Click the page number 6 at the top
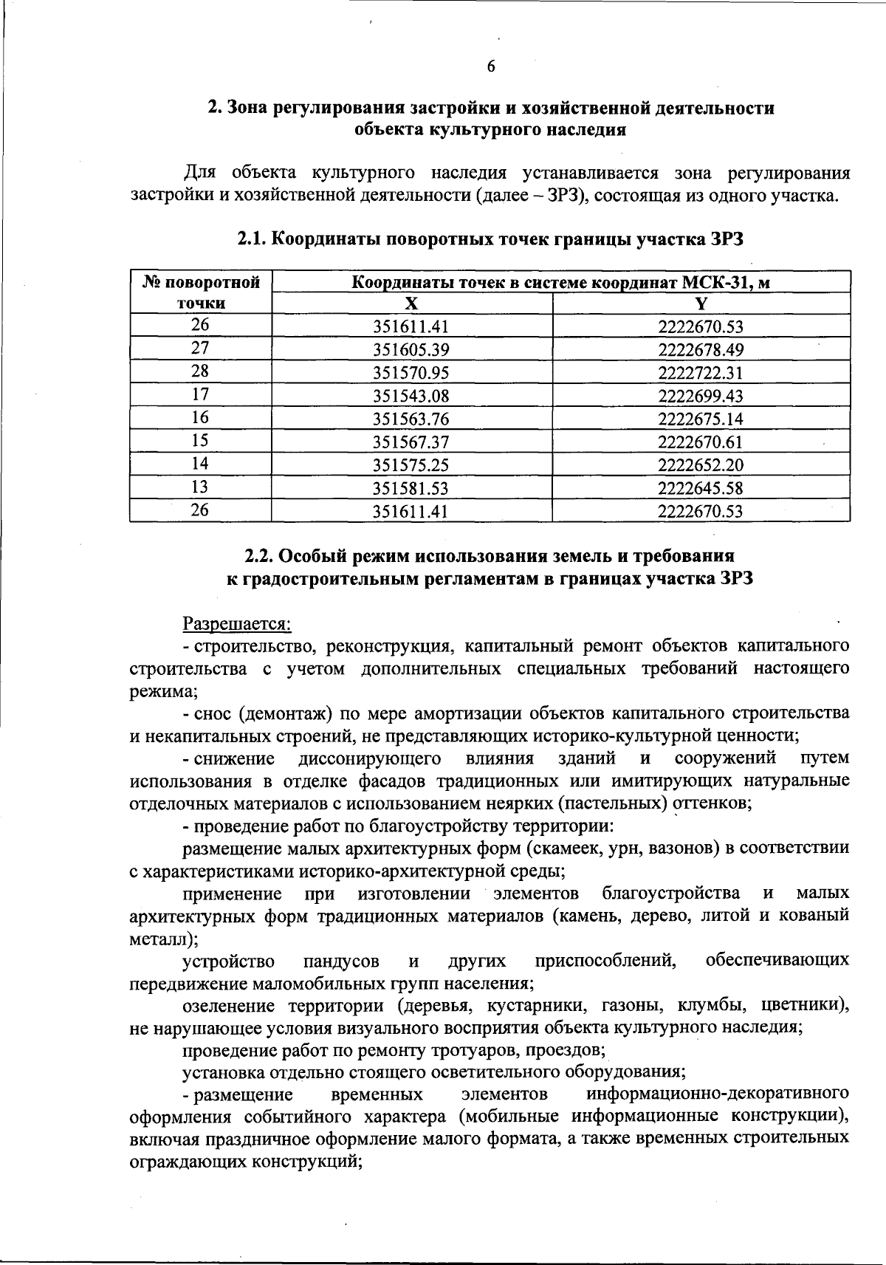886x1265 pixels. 490,66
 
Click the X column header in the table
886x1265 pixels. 411,304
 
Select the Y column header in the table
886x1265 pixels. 701,304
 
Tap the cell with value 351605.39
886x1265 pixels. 411,350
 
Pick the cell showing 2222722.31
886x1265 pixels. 701,373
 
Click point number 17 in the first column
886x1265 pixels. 200,394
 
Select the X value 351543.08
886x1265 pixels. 411,396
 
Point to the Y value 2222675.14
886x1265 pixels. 701,419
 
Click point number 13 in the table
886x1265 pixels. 200,487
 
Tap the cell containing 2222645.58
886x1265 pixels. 701,488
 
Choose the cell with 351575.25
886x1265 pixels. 411,465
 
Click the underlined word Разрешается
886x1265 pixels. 237,624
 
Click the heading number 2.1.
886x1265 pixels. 254,239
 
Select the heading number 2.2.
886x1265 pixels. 261,555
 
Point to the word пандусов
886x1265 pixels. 341,961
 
